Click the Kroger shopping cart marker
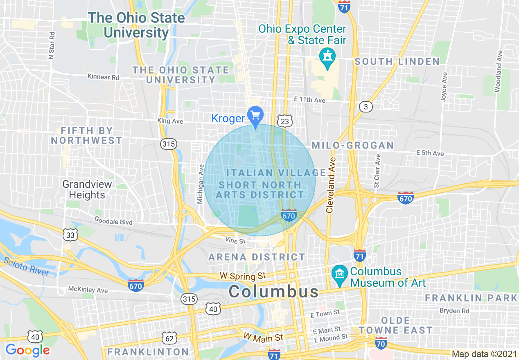[256, 115]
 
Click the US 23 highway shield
[285, 121]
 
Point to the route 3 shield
[366, 107]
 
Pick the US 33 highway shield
[70, 234]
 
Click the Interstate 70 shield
[381, 344]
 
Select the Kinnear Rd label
[103, 76]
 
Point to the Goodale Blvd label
[113, 222]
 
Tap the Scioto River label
[26, 266]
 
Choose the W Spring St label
[243, 276]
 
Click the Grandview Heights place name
[87, 189]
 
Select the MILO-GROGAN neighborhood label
[352, 145]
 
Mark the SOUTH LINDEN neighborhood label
[397, 62]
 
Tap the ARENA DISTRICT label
[257, 257]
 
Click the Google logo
[27, 350]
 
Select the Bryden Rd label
[454, 311]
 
